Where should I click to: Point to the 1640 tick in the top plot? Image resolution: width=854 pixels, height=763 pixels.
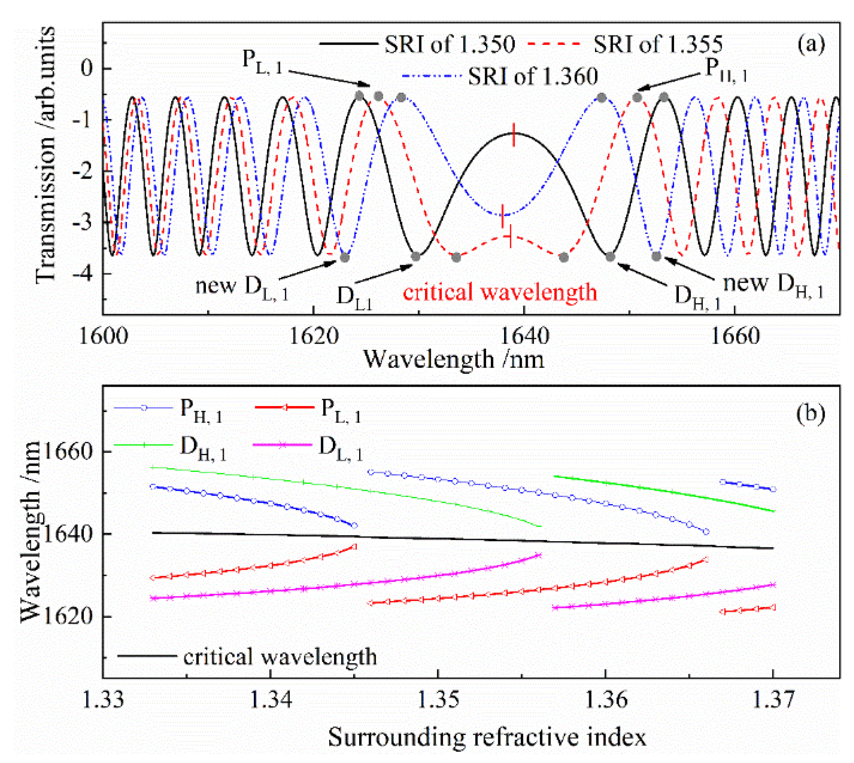point(524,336)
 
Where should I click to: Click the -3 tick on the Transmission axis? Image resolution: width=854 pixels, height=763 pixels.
point(83,223)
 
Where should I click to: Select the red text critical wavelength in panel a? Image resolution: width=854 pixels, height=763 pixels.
point(500,292)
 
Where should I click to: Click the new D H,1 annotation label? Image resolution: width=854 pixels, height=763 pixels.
point(773,285)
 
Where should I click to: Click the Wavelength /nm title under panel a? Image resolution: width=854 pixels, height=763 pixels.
point(454,360)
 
